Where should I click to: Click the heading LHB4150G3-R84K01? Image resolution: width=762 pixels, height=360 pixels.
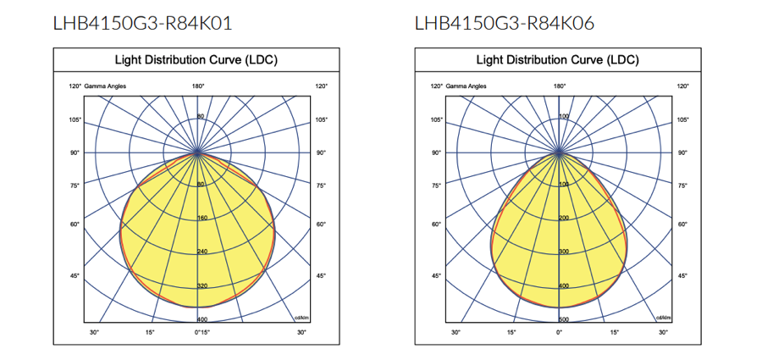142,23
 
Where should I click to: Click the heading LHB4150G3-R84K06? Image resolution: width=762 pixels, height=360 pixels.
505,23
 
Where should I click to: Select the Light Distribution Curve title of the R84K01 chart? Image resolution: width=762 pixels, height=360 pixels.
196,60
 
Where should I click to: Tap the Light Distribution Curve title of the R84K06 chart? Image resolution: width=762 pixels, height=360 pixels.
558,60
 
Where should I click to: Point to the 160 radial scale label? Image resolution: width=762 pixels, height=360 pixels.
202,218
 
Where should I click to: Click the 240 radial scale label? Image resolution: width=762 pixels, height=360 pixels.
202,252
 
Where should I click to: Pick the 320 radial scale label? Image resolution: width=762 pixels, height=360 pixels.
202,285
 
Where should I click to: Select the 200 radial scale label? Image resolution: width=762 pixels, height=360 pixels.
563,218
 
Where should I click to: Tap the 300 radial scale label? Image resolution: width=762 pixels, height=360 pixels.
563,252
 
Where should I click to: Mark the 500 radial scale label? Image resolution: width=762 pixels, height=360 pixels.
563,319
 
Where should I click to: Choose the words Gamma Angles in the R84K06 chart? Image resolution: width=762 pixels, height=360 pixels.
467,86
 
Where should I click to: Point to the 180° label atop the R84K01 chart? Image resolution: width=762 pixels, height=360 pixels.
198,86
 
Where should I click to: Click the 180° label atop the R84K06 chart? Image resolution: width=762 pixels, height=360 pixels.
560,86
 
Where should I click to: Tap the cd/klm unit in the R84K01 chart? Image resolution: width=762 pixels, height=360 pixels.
300,317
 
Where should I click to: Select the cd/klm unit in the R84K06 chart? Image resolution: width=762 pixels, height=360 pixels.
662,317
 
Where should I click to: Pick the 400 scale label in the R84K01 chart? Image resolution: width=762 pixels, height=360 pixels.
202,319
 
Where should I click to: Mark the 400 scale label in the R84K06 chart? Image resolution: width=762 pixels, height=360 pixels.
563,285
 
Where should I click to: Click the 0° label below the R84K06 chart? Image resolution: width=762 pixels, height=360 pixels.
559,332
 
